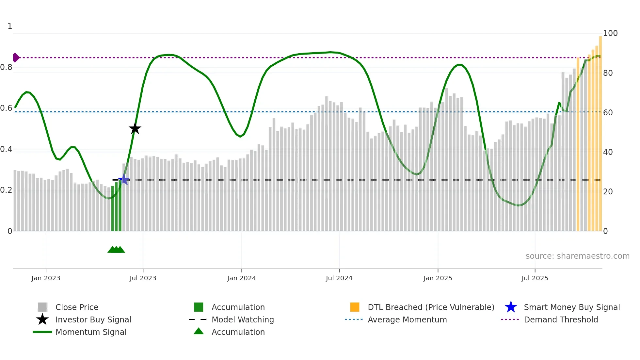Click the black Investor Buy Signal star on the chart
[x=135, y=128]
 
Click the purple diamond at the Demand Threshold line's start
[x=16, y=57]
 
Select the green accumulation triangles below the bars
[x=116, y=250]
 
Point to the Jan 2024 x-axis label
[x=241, y=278]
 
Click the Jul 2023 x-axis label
[x=143, y=278]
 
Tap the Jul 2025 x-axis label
[x=535, y=278]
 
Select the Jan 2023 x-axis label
[x=46, y=278]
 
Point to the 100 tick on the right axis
[x=610, y=33]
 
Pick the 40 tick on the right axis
[x=608, y=152]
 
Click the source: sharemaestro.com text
[x=577, y=256]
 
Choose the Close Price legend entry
[x=77, y=307]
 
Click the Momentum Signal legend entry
[x=91, y=332]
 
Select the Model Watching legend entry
[x=243, y=319]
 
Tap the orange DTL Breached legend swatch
[x=355, y=307]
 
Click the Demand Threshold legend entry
[x=561, y=319]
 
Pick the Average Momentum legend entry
[x=407, y=319]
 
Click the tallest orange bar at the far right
[x=600, y=131]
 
